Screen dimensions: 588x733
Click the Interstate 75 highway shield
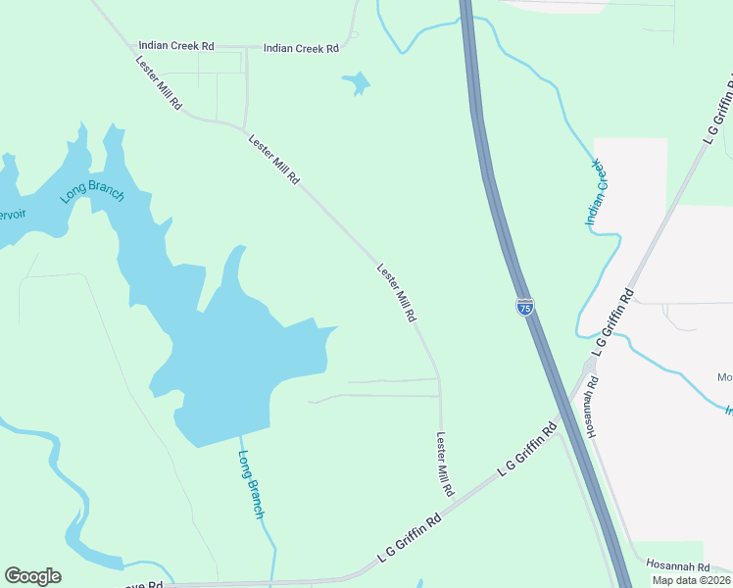pos(525,307)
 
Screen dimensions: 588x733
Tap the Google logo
pos(32,576)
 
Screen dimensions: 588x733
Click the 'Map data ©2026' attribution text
pos(691,580)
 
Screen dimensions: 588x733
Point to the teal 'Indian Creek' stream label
pos(598,192)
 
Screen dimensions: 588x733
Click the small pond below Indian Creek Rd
pos(357,84)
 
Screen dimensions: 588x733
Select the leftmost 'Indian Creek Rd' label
pos(176,45)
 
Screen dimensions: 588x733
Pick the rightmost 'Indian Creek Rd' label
pos(301,47)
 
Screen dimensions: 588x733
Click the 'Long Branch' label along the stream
pos(252,484)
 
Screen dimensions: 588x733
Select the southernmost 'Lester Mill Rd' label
pos(445,465)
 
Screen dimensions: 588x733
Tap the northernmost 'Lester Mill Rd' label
pos(160,82)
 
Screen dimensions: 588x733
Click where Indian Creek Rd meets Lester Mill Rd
pos(124,45)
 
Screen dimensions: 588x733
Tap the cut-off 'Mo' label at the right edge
pos(724,377)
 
